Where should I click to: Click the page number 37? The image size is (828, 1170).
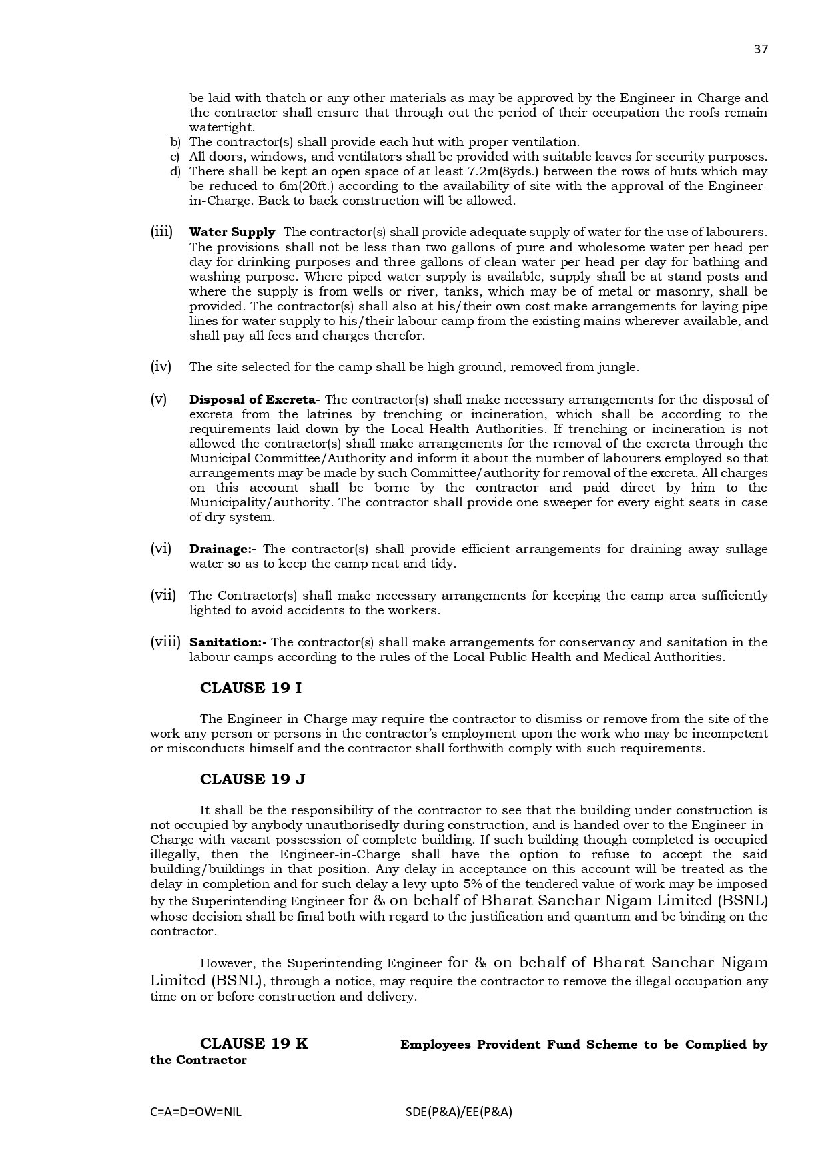(761, 49)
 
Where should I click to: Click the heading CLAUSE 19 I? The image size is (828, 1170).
(251, 688)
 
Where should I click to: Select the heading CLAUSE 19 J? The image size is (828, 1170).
(253, 779)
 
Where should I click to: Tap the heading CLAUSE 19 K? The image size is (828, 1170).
(254, 1043)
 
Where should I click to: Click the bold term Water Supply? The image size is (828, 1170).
(232, 233)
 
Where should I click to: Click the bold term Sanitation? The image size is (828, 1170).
(227, 642)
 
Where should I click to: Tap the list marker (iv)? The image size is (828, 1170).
(161, 366)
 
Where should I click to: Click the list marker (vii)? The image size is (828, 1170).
(163, 595)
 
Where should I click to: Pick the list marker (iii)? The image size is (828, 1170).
(161, 232)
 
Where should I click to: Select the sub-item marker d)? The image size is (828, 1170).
(175, 171)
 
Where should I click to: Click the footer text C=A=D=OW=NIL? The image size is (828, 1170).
(196, 1112)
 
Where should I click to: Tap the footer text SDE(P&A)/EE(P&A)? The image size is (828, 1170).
(458, 1112)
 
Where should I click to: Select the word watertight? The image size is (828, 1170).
(222, 127)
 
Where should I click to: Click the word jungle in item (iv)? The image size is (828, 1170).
(620, 367)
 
